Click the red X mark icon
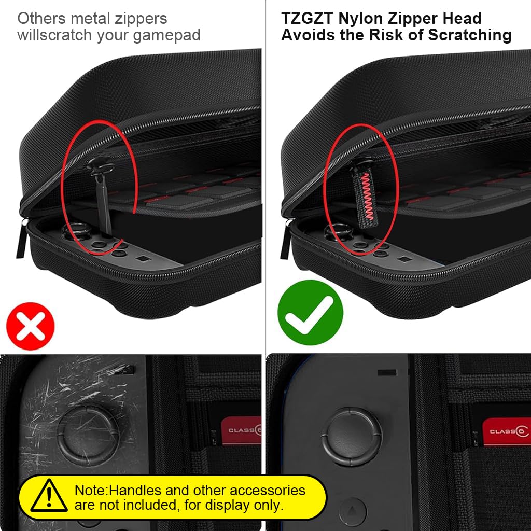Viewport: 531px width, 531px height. [31, 326]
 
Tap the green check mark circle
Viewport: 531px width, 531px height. [310, 313]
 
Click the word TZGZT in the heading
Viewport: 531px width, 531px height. [307, 18]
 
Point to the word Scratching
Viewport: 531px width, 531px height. [470, 35]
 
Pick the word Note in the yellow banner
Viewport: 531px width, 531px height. [89, 491]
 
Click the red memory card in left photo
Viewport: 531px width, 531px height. [241, 430]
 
